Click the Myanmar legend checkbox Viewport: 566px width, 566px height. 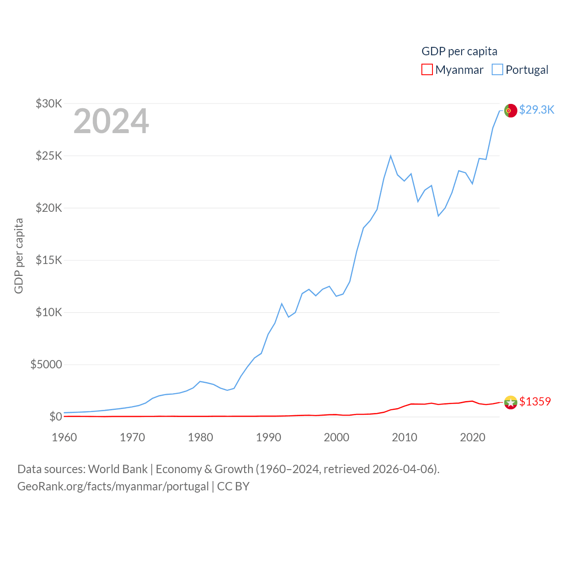pos(427,70)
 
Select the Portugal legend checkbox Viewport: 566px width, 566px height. pos(497,70)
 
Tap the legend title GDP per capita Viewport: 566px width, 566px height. pos(459,51)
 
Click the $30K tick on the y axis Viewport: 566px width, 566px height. pos(49,104)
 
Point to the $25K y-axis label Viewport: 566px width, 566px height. pos(49,156)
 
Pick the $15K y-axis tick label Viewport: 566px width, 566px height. pos(49,260)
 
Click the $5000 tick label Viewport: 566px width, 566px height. pos(46,365)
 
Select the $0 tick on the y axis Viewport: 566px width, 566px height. pos(56,417)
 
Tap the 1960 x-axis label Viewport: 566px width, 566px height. pos(65,437)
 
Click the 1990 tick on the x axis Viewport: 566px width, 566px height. pos(268,437)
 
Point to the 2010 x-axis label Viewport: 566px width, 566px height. pos(405,437)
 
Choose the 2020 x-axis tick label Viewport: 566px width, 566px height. pos(473,437)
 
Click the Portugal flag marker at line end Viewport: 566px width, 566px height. pos(511,111)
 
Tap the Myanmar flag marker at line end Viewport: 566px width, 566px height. pos(511,402)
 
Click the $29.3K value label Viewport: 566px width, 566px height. pos(536,110)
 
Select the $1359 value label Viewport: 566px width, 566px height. pos(535,402)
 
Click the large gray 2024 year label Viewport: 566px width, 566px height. pos(111,121)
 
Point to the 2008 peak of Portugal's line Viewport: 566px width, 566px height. pos(390,156)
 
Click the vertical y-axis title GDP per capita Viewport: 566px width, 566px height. pos(19,256)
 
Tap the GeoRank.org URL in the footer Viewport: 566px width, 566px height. pos(113,486)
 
